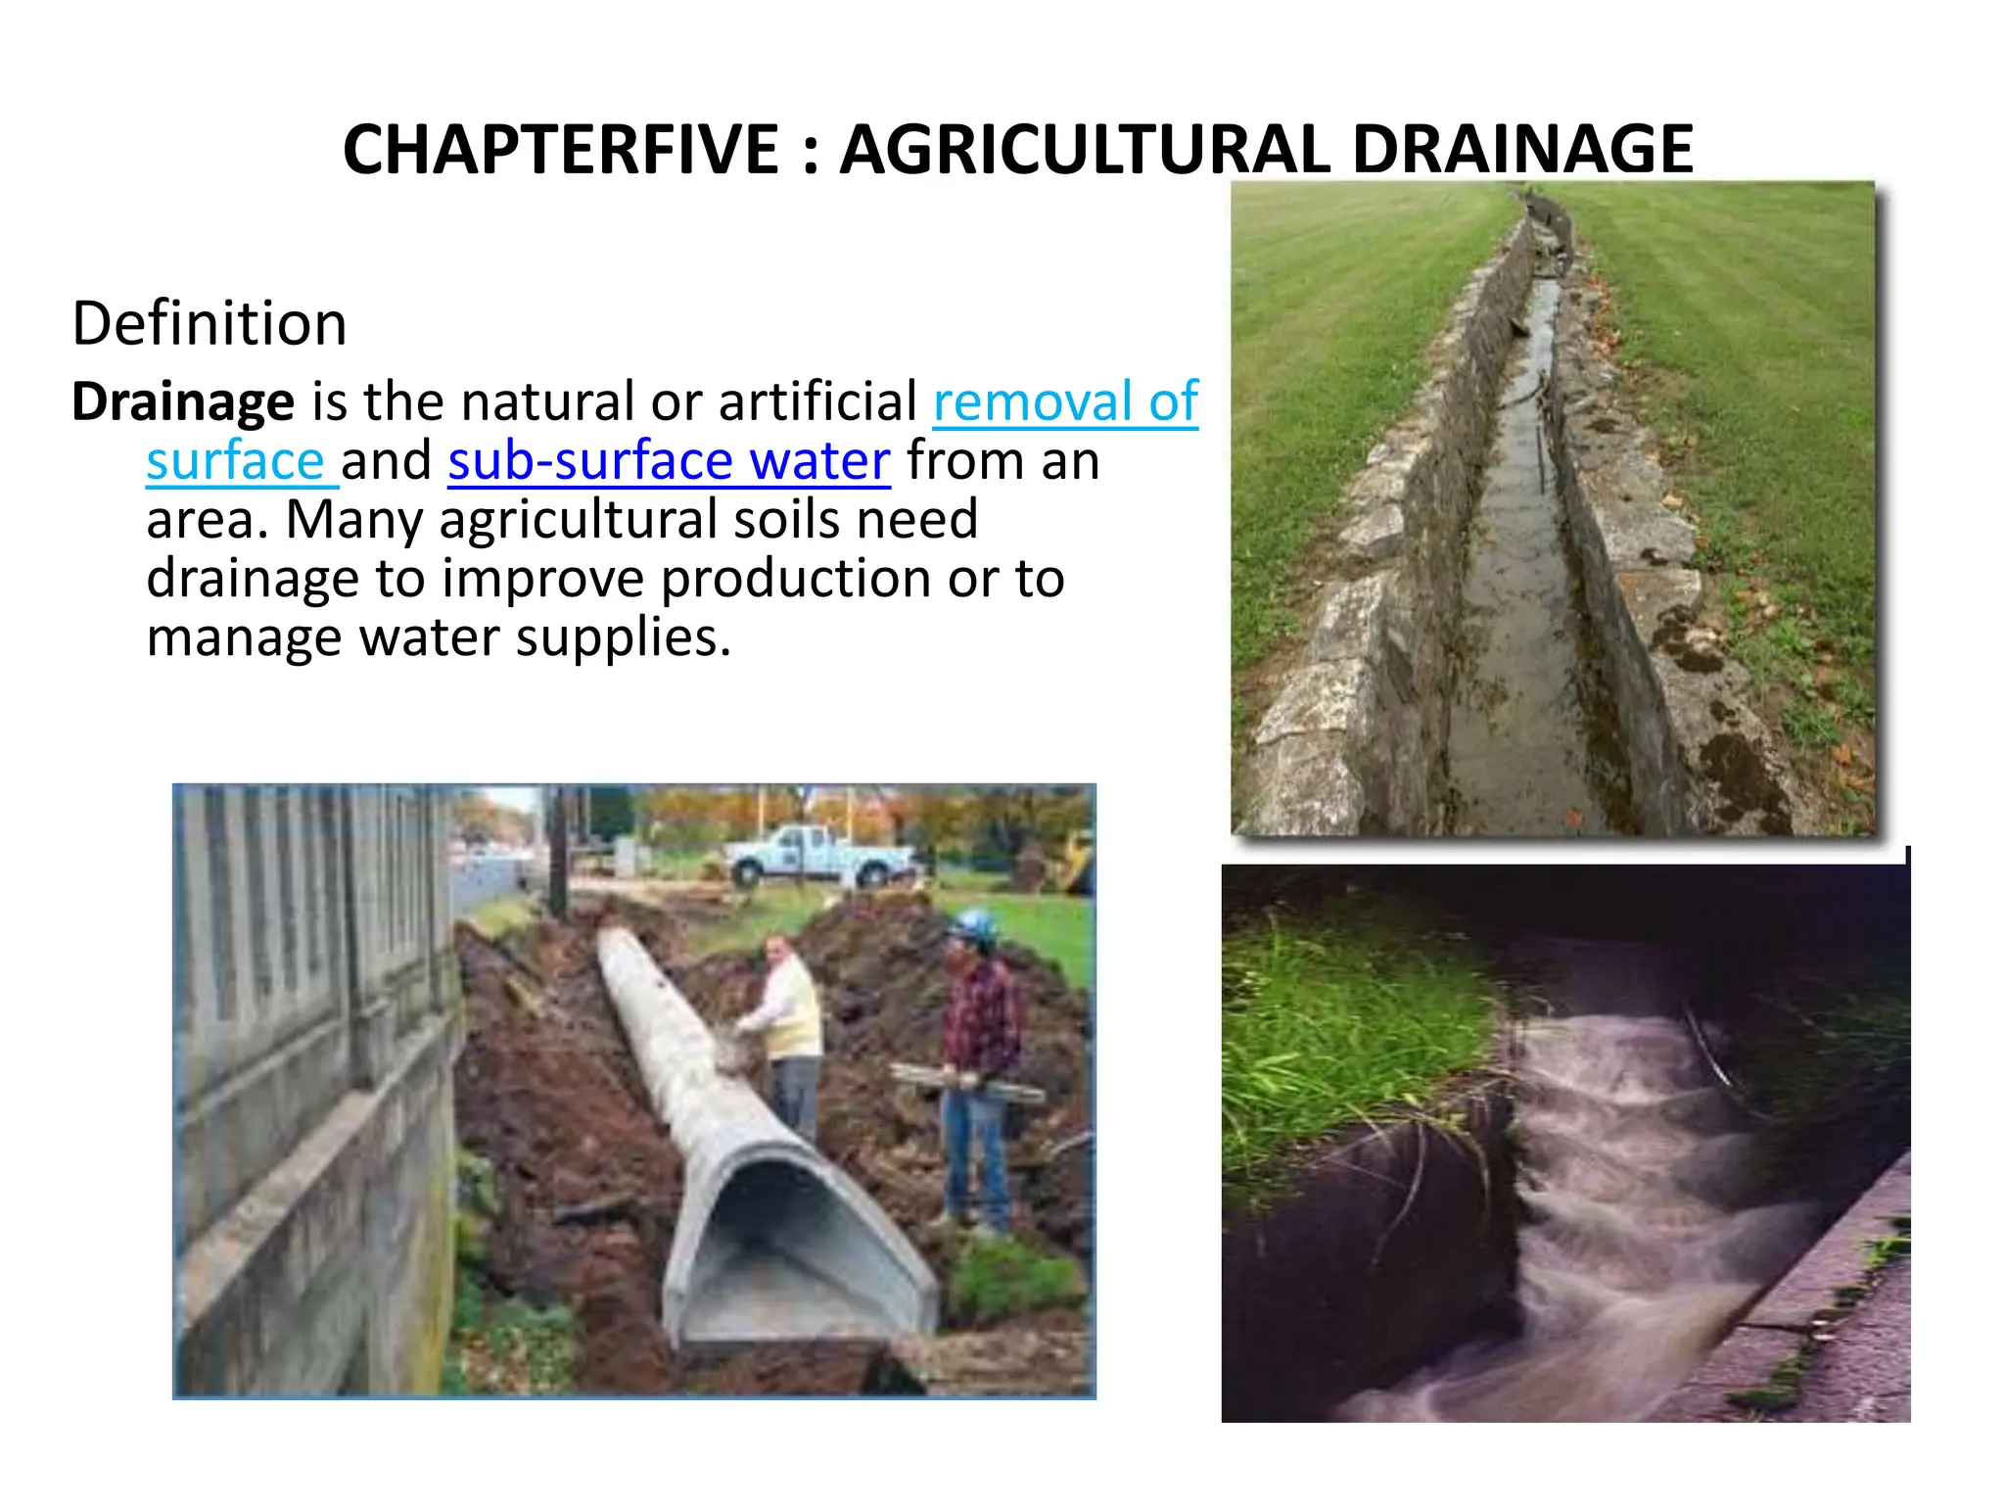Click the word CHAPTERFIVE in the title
560,150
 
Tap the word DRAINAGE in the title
1522,150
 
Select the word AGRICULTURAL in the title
1085,150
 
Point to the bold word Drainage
183,401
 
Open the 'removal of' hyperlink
1065,401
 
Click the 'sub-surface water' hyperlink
669,460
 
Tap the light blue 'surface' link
235,460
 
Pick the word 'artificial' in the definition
818,401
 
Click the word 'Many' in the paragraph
352,520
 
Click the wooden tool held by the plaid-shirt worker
964,1082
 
